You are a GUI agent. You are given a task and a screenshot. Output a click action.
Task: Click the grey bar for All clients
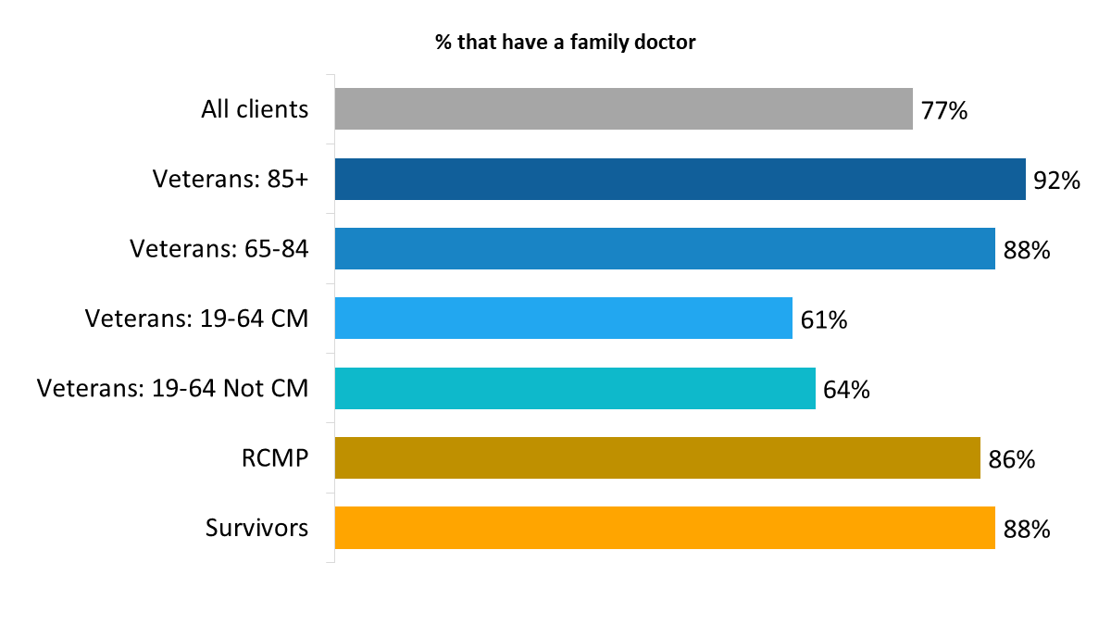pos(623,109)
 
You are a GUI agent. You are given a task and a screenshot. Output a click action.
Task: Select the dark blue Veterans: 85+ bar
pos(680,180)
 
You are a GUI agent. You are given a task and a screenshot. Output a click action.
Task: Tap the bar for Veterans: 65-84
pos(665,249)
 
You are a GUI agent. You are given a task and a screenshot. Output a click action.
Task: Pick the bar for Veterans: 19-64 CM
pos(563,319)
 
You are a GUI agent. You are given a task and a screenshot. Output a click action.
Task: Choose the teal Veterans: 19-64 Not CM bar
pos(575,389)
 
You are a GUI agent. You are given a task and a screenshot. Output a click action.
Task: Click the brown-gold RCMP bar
pos(657,458)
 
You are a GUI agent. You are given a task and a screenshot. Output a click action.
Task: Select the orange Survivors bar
pos(665,529)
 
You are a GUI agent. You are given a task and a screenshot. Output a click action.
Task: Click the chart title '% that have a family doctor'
pos(565,42)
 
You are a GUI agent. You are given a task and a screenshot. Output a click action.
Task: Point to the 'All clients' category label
pos(255,109)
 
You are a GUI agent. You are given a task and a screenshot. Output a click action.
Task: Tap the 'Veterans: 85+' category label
pos(231,180)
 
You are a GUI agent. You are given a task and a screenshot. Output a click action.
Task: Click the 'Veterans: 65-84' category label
pos(219,249)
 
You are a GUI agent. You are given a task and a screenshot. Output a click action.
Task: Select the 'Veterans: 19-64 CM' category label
pos(197,319)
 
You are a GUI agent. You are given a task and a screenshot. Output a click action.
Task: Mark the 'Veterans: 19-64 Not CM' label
pos(173,389)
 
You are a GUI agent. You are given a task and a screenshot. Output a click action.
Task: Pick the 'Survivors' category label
pos(256,529)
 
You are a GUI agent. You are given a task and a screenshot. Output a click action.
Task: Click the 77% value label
pos(944,112)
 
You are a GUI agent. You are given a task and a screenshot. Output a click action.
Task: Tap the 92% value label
pos(1057,181)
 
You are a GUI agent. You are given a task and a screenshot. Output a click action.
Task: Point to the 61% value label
pos(824,321)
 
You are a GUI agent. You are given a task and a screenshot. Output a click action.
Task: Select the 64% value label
pos(847,391)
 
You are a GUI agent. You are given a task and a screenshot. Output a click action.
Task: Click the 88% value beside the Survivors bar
pos(1027,531)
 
